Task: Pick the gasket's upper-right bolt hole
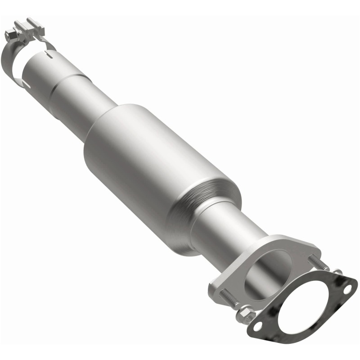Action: point(347,290)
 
